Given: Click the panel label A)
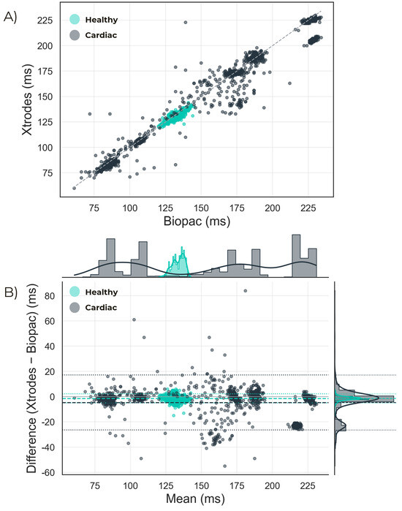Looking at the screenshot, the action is [x=10, y=18].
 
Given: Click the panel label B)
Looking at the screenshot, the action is [x=11, y=292].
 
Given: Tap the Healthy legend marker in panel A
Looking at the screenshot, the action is [x=75, y=20].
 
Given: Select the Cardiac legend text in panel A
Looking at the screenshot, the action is [x=101, y=35].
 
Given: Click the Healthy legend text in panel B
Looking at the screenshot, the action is [x=102, y=292].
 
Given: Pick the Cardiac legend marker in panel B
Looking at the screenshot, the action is [x=75, y=308].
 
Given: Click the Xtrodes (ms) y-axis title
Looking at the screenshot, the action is [x=27, y=99].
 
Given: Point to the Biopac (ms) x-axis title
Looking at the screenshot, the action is [x=197, y=222].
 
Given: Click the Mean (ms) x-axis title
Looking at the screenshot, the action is [x=195, y=499].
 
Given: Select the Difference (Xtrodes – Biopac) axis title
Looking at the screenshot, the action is [x=31, y=379].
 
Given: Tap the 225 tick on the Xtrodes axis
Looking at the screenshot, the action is [x=45, y=20].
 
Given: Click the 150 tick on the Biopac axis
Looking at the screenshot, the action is [x=201, y=208].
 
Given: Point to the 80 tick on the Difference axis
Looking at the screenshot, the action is [x=50, y=296].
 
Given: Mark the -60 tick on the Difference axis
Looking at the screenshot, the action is [x=48, y=472].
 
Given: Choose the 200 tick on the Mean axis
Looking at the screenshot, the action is [x=272, y=486].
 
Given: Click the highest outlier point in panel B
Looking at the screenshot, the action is [x=246, y=291].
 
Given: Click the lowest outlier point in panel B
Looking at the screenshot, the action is [x=225, y=466].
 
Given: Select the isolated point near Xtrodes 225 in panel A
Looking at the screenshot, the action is [x=186, y=22].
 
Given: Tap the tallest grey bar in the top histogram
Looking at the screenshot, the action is [x=296, y=256].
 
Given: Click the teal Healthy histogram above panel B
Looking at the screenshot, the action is [x=178, y=265].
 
